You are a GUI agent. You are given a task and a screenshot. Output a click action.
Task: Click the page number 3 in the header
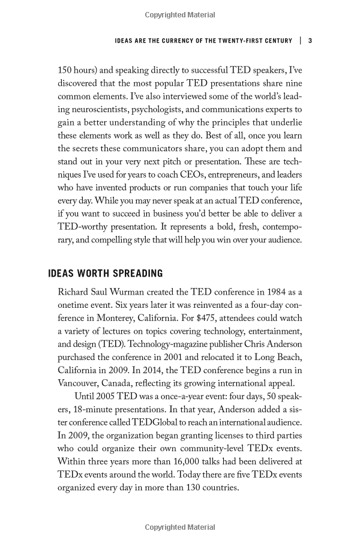point(310,41)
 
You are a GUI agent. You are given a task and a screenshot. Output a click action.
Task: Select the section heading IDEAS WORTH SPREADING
point(105,274)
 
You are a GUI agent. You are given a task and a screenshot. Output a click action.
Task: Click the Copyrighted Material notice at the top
point(179,11)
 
